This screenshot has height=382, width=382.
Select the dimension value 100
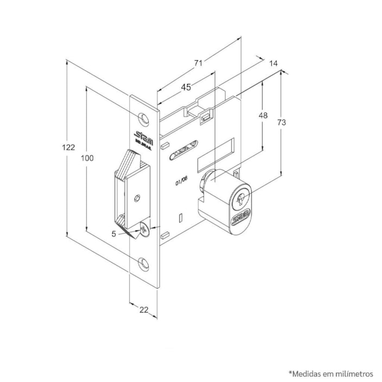pyautogui.click(x=87, y=158)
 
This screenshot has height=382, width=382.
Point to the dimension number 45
pyautogui.click(x=186, y=87)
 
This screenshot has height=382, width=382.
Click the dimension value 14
pyautogui.click(x=273, y=63)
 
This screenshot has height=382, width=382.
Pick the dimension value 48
pyautogui.click(x=263, y=115)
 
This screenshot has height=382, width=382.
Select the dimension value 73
pyautogui.click(x=282, y=123)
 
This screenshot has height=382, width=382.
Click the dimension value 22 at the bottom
pyautogui.click(x=144, y=310)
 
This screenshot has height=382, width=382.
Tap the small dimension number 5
pyautogui.click(x=113, y=234)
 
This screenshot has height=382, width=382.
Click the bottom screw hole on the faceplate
pyautogui.click(x=143, y=264)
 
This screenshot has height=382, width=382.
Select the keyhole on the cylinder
pyautogui.click(x=241, y=199)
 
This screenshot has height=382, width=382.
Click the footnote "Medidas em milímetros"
pyautogui.click(x=331, y=358)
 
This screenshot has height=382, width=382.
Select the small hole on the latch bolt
pyautogui.click(x=138, y=198)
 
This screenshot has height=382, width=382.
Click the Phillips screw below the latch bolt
pyautogui.click(x=143, y=231)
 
